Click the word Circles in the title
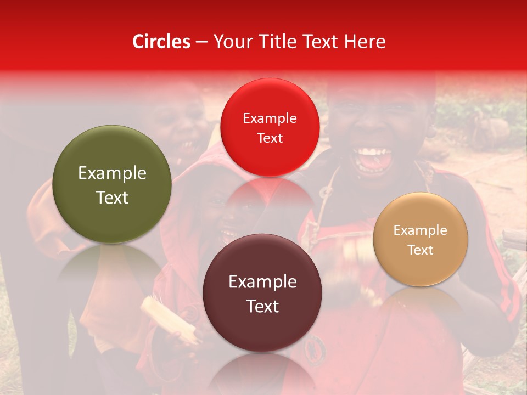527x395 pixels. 161,42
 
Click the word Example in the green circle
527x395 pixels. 112,173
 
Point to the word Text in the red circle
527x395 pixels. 270,138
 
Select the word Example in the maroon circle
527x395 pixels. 262,282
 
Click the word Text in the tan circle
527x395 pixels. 421,250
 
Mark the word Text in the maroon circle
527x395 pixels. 262,306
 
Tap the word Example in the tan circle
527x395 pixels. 421,230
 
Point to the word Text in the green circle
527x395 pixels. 112,198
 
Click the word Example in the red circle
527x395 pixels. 270,119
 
